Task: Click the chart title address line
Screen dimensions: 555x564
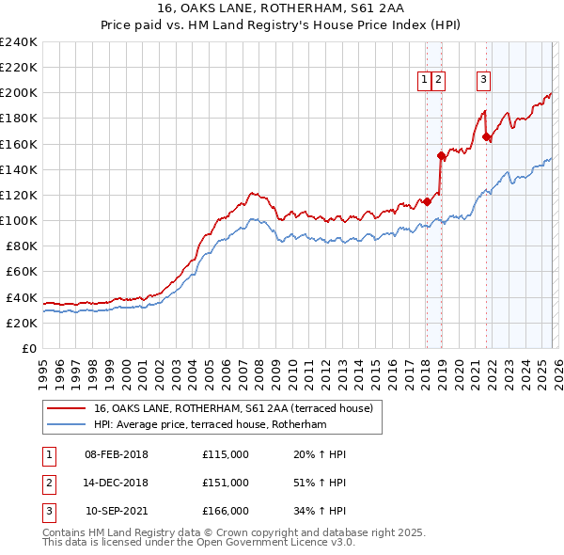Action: [x=281, y=9]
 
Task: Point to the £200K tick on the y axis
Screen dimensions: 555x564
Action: [x=18, y=93]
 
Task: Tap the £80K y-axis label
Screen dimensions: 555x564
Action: [x=21, y=246]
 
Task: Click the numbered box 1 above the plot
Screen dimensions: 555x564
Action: [x=425, y=80]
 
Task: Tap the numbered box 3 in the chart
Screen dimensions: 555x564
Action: [x=483, y=80]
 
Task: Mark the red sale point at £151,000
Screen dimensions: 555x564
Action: [x=441, y=156]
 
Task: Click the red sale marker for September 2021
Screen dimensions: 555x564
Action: [x=486, y=137]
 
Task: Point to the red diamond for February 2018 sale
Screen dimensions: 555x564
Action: [x=427, y=201]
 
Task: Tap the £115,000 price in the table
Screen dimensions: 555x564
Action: [x=226, y=454]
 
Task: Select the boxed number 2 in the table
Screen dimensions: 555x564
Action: [x=48, y=483]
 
